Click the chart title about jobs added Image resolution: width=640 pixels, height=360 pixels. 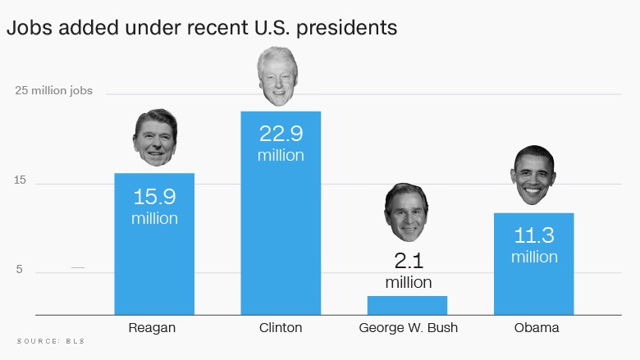click(x=202, y=27)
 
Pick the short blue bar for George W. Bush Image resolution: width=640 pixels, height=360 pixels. click(x=407, y=305)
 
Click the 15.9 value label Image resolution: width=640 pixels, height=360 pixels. click(x=154, y=198)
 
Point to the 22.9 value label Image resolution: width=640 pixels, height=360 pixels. click(x=281, y=134)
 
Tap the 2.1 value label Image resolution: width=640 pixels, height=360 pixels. click(x=408, y=262)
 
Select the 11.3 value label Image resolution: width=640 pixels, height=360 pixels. click(x=534, y=236)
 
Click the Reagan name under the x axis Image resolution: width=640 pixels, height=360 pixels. click(x=153, y=328)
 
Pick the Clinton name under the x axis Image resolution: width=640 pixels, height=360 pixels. click(x=281, y=328)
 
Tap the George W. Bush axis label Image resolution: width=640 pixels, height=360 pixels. click(x=408, y=328)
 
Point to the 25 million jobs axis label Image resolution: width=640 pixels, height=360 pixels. click(x=54, y=91)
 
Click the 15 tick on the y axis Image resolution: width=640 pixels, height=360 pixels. click(x=21, y=181)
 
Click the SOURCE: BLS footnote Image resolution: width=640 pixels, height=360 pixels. click(x=51, y=340)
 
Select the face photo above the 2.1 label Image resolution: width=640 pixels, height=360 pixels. click(x=407, y=212)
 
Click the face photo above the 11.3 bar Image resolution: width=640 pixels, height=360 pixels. click(x=534, y=175)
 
